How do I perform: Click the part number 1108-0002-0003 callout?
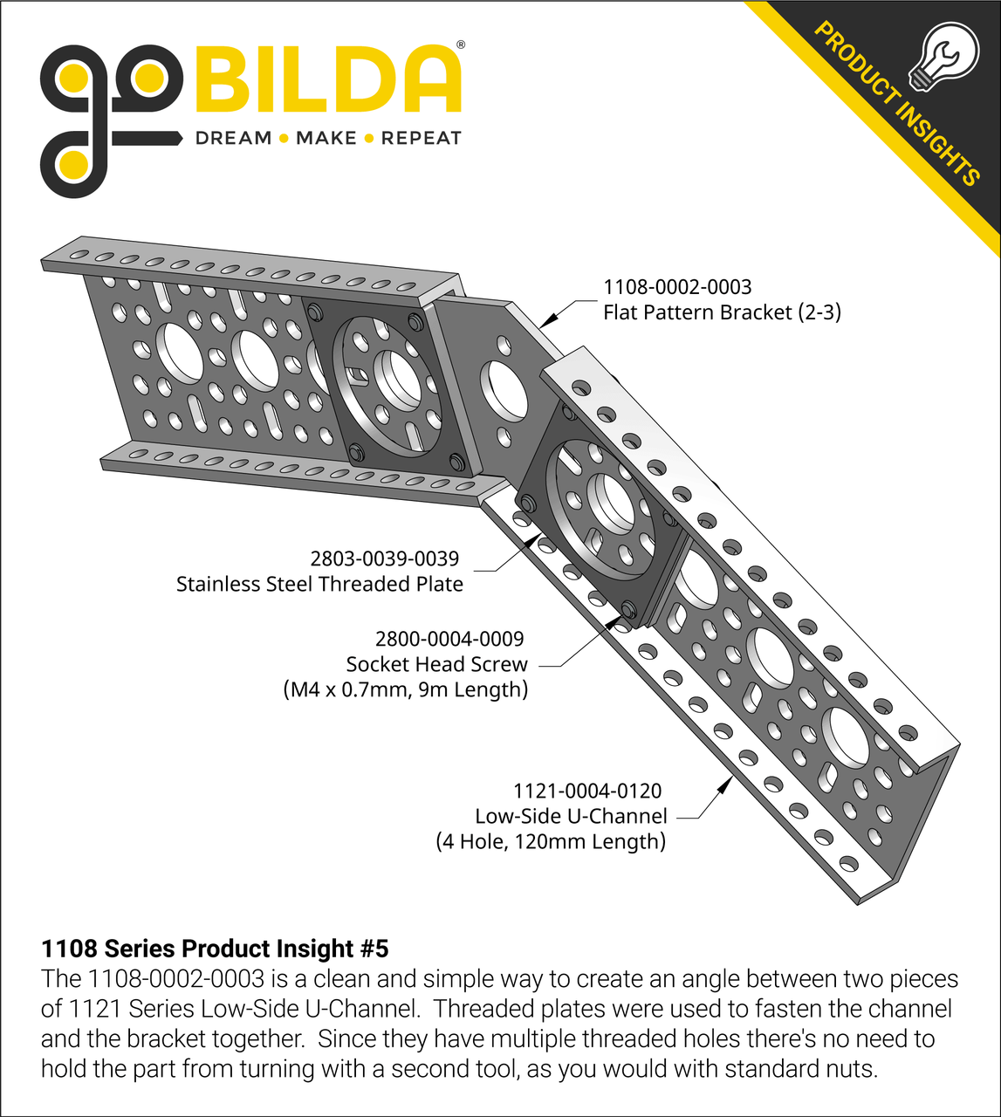677,287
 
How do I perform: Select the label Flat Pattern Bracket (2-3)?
722,312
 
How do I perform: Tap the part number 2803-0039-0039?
385,558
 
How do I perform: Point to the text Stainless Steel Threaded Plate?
319,584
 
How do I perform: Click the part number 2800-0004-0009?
449,639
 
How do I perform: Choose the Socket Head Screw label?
436,664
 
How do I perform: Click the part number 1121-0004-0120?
587,791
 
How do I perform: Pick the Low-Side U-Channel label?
571,816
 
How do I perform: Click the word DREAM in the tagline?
233,138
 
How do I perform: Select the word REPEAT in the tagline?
421,138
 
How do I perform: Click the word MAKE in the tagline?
326,138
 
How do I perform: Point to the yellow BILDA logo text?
327,79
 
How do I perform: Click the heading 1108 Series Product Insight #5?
215,949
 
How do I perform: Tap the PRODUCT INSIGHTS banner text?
896,103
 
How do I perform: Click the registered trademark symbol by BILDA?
461,44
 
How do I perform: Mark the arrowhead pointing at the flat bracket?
547,319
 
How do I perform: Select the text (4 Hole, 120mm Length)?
551,841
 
